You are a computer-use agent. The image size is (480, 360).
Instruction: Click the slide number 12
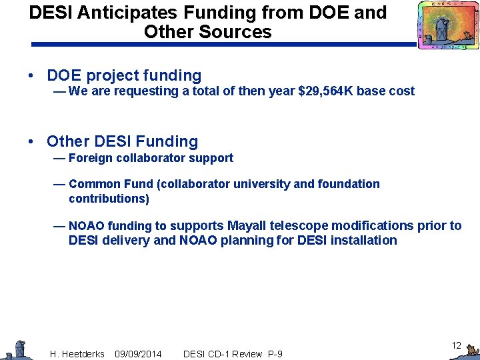456,345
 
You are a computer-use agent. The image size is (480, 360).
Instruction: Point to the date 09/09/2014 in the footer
138,353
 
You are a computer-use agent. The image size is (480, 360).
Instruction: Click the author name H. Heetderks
77,353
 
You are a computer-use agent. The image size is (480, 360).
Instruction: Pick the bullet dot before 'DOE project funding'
32,76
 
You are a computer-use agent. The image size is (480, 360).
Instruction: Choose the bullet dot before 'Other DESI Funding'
32,141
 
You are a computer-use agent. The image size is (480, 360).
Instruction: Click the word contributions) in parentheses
109,199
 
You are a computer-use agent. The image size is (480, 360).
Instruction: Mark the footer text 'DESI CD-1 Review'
222,353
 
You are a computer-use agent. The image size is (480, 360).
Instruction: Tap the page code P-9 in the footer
274,353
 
